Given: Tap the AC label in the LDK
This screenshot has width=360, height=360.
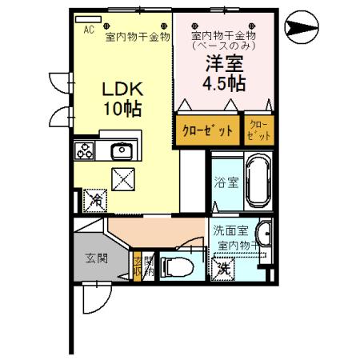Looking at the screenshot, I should click(89, 28).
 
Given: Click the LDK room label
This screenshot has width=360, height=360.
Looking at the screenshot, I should click(120, 90).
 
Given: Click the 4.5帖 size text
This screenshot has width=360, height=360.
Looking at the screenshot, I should click(223, 82).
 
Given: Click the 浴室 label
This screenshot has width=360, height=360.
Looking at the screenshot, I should click(226, 182).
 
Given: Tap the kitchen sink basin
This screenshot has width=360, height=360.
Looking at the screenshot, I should click(122, 150).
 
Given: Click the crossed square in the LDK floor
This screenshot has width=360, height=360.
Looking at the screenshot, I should click(123, 180).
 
